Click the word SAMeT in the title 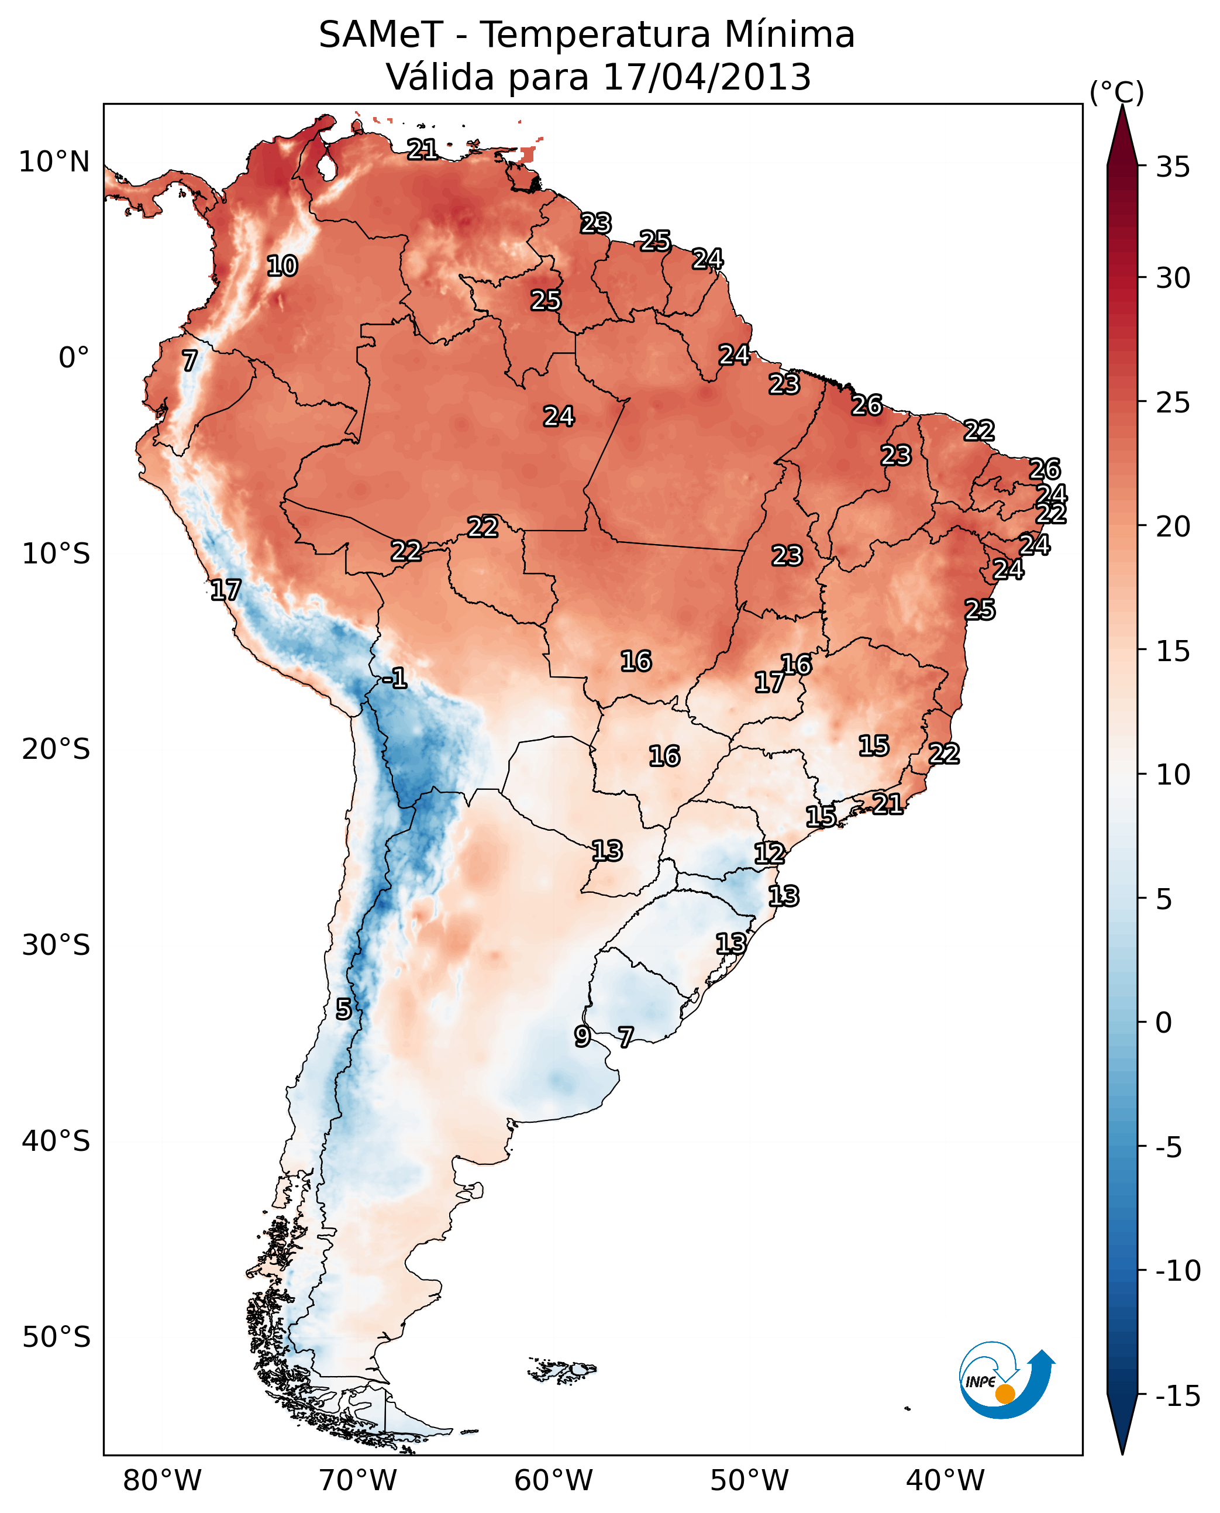[380, 35]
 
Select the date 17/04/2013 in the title [707, 77]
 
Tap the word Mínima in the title [789, 35]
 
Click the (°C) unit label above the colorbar [1116, 92]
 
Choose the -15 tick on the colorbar [1178, 1395]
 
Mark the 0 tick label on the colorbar [1164, 1022]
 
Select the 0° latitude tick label [74, 358]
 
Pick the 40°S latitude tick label [56, 1140]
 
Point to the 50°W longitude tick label [749, 1481]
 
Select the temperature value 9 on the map [582, 1036]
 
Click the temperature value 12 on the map [769, 854]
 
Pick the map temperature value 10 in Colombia [282, 266]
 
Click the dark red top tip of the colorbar [1122, 130]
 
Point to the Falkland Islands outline [562, 1370]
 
